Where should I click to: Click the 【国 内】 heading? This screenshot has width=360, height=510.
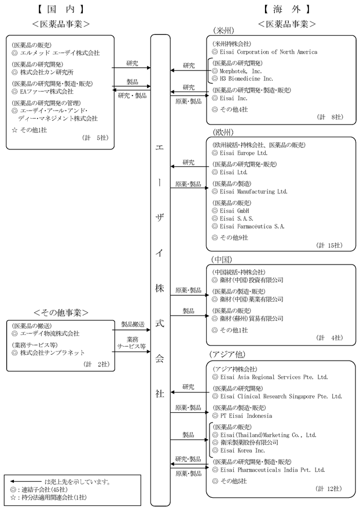57,9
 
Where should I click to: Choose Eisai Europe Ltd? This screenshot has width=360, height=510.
243,153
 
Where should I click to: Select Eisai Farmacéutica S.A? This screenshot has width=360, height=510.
252,226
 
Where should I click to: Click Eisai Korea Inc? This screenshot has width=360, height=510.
242,450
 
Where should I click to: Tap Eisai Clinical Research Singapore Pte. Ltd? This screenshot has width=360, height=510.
281,397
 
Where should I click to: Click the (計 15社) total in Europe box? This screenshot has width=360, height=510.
329,245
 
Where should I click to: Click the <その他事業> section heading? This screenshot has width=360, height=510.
60,312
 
